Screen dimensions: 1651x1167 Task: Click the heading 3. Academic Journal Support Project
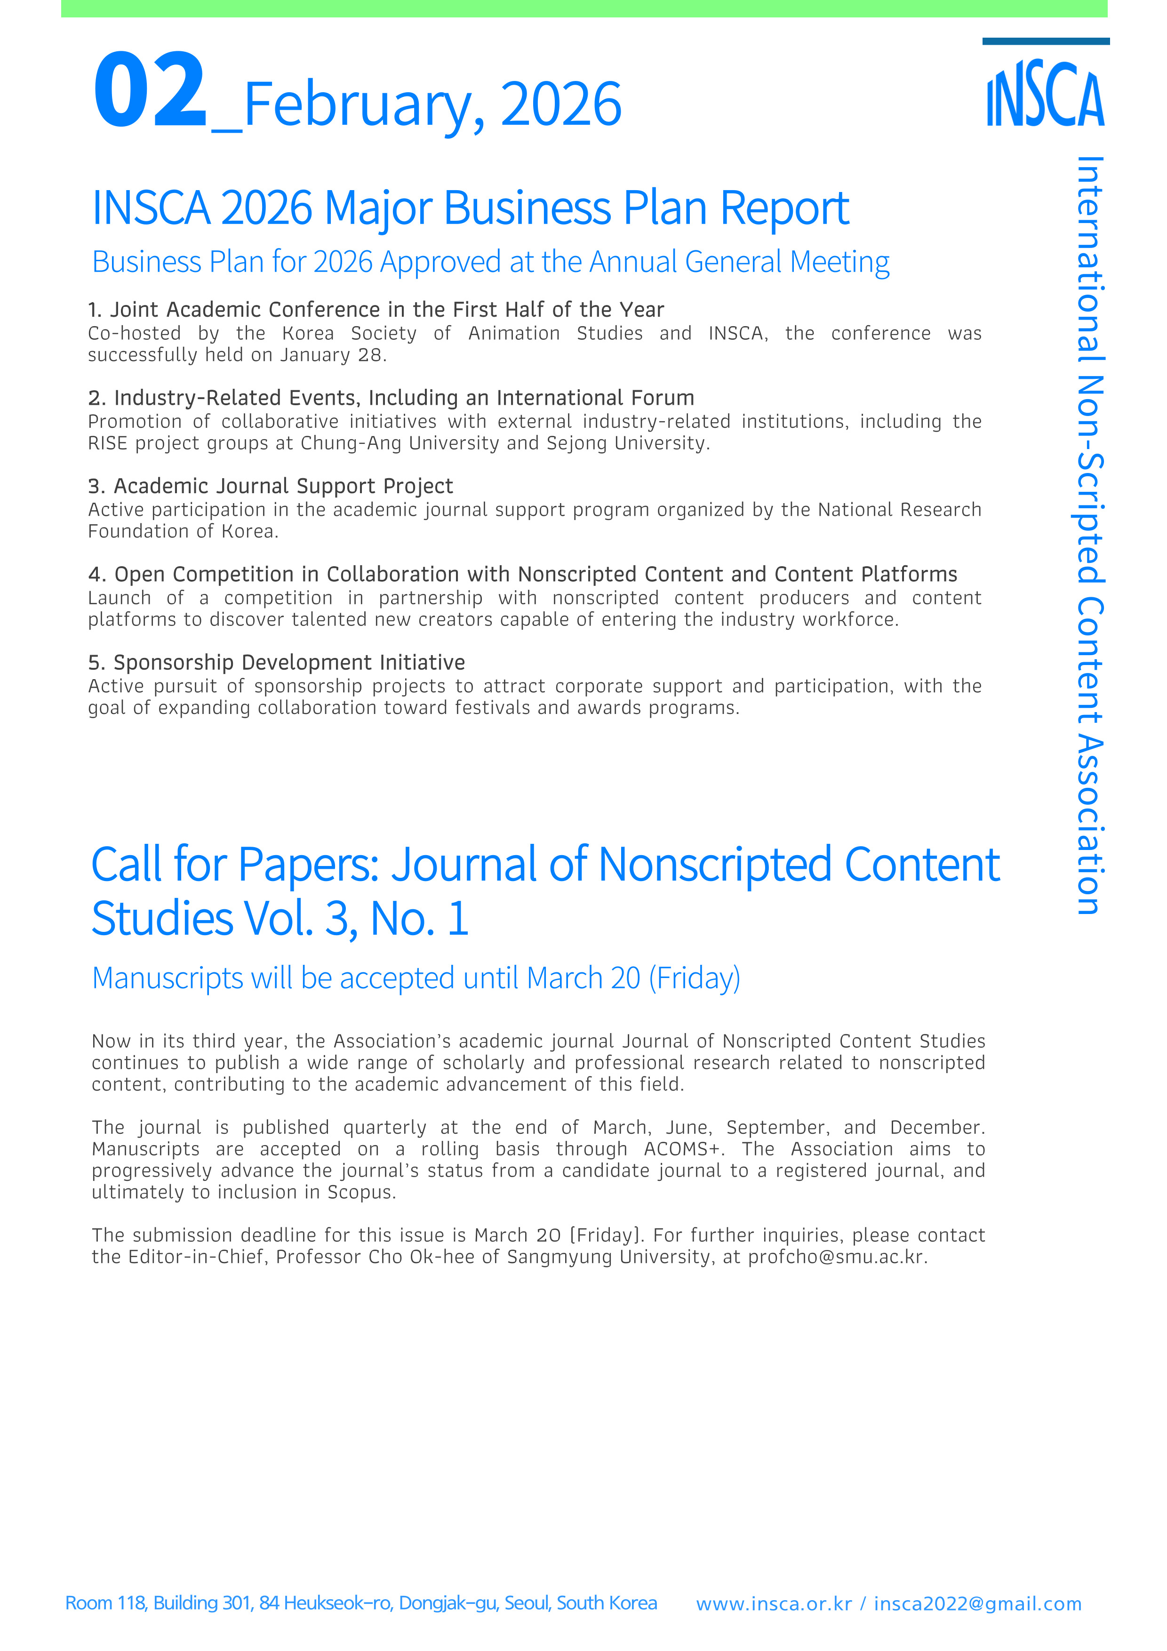click(x=271, y=487)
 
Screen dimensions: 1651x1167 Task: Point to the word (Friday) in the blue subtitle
click(x=694, y=978)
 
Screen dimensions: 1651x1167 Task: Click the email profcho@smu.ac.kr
click(x=837, y=1257)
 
